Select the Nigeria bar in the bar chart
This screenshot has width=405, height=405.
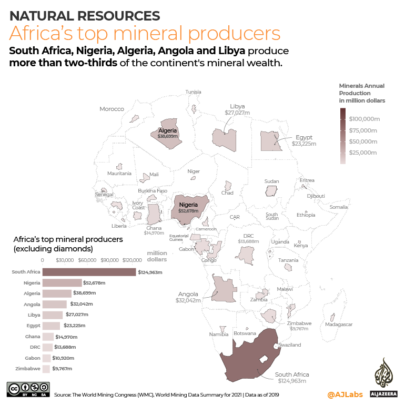[62, 283]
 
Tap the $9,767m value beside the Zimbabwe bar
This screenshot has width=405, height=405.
[62, 369]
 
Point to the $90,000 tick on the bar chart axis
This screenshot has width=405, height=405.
[109, 260]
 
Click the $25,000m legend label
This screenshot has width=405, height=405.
[363, 153]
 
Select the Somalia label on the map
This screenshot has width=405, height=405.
[338, 207]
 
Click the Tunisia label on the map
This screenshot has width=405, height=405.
[193, 92]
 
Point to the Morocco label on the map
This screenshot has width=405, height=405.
[112, 109]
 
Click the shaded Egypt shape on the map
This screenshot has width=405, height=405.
[271, 141]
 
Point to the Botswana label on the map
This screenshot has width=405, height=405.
[245, 333]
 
